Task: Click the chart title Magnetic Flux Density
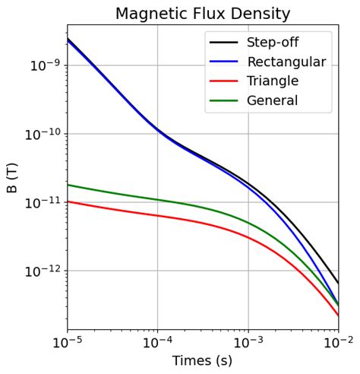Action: [203, 13]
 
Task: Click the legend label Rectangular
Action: [286, 62]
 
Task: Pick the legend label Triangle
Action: [273, 81]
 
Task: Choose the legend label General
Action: [272, 100]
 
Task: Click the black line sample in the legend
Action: [224, 43]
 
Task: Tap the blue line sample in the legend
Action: [224, 62]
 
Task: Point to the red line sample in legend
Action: [224, 81]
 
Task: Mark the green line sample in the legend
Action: [224, 100]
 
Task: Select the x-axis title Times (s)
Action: [203, 361]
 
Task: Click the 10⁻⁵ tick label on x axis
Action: [67, 343]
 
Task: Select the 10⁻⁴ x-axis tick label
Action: [157, 343]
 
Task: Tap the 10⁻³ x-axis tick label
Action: [248, 343]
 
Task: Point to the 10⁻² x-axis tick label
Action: [338, 343]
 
